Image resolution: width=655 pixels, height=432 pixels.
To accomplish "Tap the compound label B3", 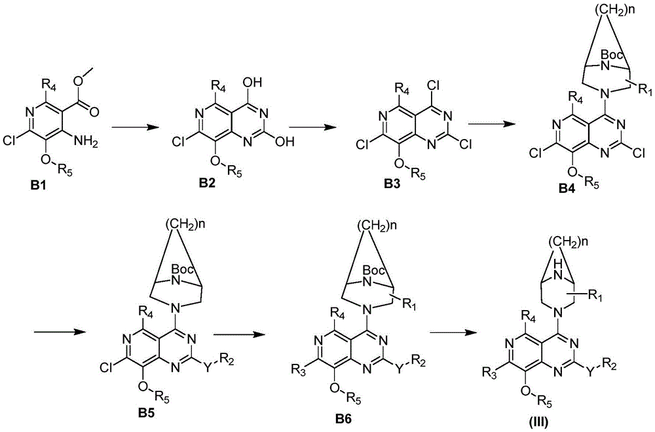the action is pos(393,184).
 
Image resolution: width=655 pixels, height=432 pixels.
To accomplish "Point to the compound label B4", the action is pos(566,189).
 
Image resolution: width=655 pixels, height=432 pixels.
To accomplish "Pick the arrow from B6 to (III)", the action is pos(453,332).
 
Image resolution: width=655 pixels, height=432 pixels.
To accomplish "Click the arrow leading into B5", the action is pos(60,332).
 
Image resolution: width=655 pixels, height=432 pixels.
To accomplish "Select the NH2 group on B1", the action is pos(86,143).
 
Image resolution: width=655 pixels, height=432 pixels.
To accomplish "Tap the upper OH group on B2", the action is pos(252,83).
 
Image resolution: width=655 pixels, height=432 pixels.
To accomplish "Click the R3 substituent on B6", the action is pos(299,369).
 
